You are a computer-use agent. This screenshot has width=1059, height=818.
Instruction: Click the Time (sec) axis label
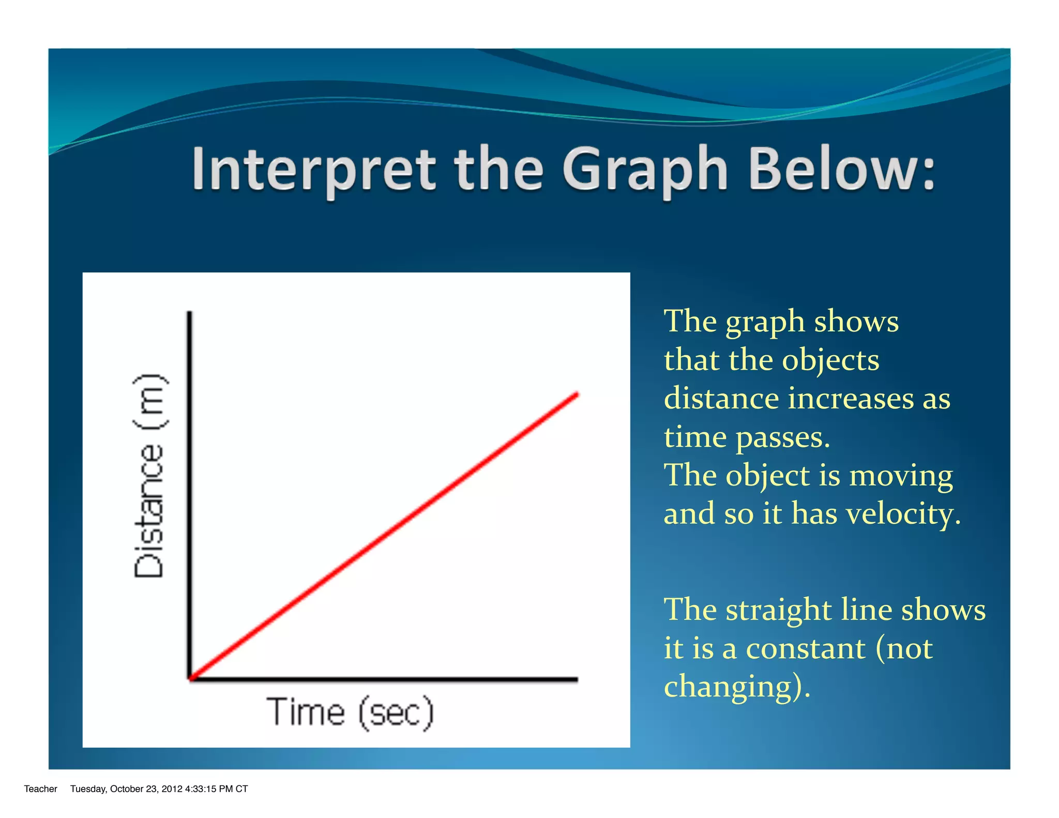point(350,713)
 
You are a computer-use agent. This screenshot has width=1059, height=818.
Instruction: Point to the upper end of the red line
point(577,395)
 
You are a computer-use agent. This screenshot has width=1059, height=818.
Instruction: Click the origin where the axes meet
point(190,678)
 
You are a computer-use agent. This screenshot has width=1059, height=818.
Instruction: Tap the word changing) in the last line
point(736,687)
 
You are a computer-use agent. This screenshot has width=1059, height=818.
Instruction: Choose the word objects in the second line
point(830,360)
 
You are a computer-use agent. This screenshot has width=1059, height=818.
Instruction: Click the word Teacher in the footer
point(40,789)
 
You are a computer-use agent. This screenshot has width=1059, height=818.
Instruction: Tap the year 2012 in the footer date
point(172,789)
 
